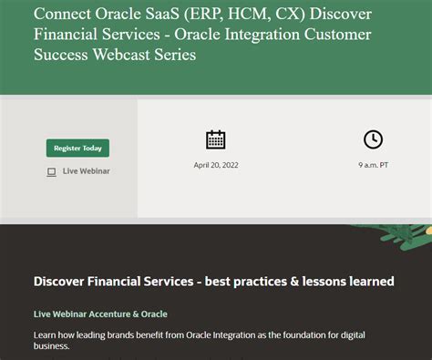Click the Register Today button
pyautogui.click(x=77, y=148)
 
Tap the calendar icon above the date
pyautogui.click(x=215, y=139)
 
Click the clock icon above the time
pyautogui.click(x=373, y=139)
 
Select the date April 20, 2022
pyautogui.click(x=215, y=166)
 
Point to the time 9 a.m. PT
pyautogui.click(x=373, y=166)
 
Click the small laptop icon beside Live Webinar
pyautogui.click(x=51, y=171)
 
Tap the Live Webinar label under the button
pyautogui.click(x=87, y=171)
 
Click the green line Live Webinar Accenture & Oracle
pyautogui.click(x=100, y=314)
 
